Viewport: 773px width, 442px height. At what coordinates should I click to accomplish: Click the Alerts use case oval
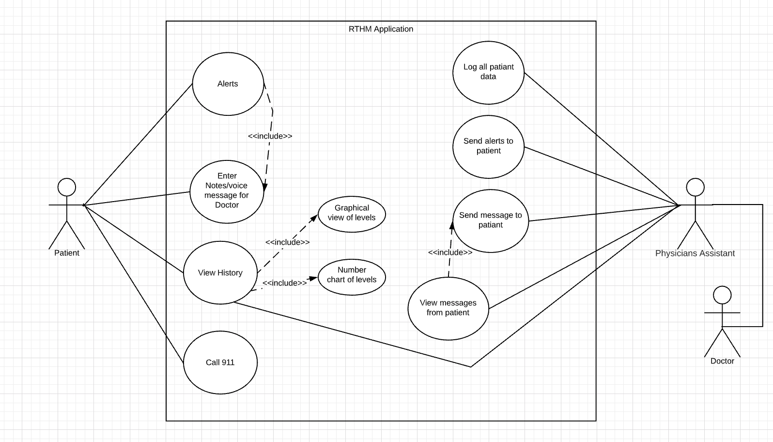click(228, 84)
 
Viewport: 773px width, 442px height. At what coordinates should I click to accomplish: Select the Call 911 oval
click(220, 363)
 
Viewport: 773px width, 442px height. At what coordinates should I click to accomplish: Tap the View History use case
click(220, 273)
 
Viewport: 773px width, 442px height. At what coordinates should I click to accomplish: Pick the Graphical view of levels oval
click(352, 213)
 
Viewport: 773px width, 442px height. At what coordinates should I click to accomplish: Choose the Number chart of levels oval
click(352, 275)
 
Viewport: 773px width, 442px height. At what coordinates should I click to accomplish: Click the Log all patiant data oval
click(488, 72)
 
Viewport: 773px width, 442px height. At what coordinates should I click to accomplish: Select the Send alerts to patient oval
click(488, 146)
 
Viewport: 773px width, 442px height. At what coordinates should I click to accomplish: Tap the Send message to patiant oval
click(491, 220)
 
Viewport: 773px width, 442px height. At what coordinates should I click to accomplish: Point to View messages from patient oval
click(448, 308)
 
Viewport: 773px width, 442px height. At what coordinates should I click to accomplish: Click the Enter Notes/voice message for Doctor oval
click(227, 190)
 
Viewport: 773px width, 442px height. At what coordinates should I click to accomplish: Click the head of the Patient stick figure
click(67, 187)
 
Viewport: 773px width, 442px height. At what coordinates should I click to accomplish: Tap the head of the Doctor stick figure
click(722, 295)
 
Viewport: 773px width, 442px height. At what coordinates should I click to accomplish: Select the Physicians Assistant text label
click(695, 253)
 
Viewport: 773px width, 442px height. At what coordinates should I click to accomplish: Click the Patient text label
click(67, 253)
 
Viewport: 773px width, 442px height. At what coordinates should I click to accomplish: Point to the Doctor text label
click(722, 361)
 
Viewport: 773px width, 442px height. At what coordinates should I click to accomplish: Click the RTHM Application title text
click(381, 29)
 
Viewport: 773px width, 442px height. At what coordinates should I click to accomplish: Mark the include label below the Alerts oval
click(270, 136)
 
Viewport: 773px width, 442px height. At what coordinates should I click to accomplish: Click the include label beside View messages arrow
click(450, 253)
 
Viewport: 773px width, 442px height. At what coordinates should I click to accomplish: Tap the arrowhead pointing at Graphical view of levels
click(314, 218)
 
